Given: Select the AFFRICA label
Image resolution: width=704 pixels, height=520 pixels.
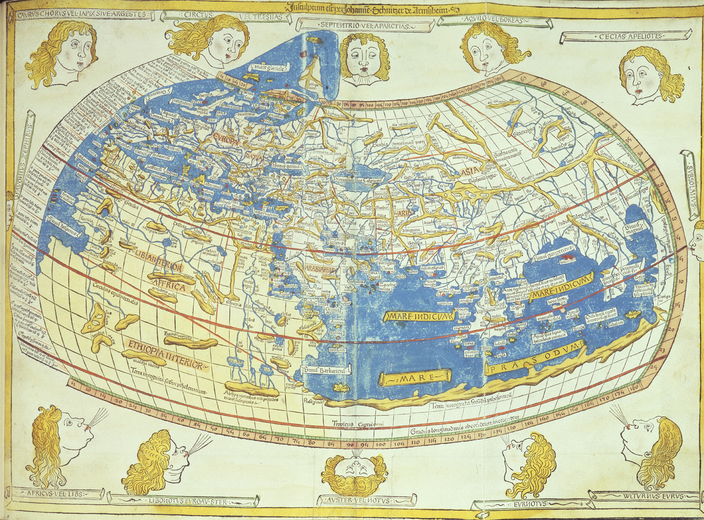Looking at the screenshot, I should coord(168,285).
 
